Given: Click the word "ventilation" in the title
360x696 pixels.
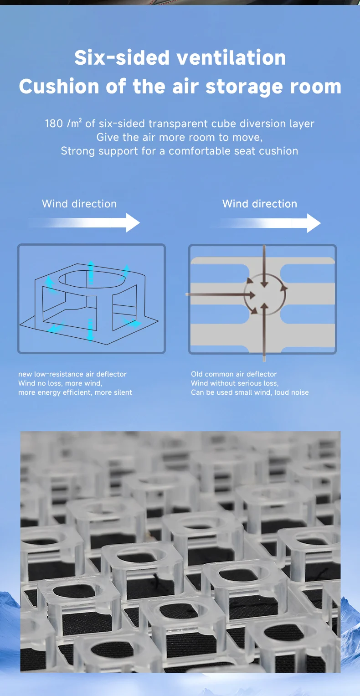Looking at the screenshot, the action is click(x=231, y=58).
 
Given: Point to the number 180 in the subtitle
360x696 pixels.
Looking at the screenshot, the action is click(x=54, y=124).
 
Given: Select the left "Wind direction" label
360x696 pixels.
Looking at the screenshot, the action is click(x=79, y=204).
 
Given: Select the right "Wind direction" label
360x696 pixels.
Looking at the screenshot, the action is click(x=260, y=204).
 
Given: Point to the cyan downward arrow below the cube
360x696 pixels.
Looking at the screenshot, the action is click(x=90, y=330).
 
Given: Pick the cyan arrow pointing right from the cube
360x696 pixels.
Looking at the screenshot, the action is click(x=133, y=323).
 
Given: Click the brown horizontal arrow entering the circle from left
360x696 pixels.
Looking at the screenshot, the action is click(x=221, y=294).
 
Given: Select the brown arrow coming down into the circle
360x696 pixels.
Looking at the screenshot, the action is click(x=264, y=266).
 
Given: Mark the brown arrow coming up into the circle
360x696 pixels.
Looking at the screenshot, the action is click(x=264, y=332).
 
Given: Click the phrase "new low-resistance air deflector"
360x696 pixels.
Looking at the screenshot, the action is click(x=72, y=374).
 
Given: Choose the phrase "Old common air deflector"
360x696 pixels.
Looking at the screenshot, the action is click(x=234, y=374).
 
